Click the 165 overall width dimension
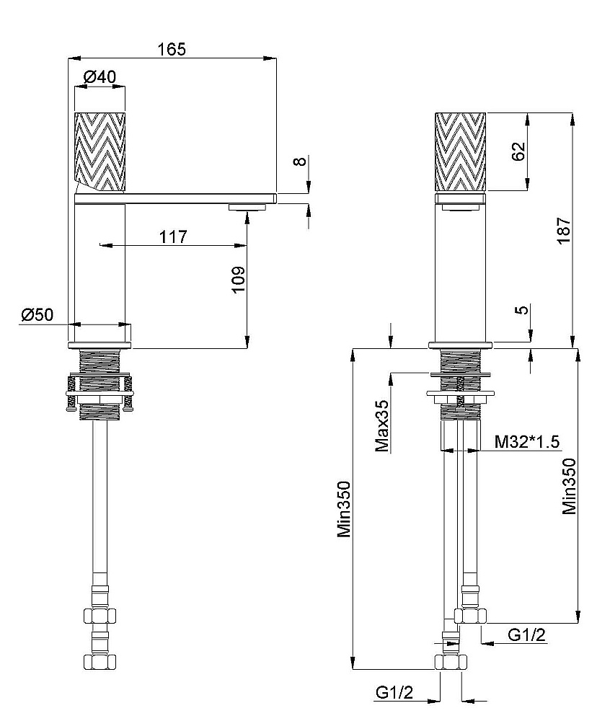pyautogui.click(x=172, y=49)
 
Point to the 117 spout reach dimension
pyautogui.click(x=174, y=236)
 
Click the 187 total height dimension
pyautogui.click(x=565, y=231)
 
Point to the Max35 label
pyautogui.click(x=383, y=426)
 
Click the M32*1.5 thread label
pyautogui.click(x=527, y=442)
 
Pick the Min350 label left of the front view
pyautogui.click(x=344, y=510)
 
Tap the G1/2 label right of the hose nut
pyautogui.click(x=526, y=634)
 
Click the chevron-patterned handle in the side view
pyautogui.click(x=100, y=151)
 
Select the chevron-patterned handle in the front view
pyautogui.click(x=461, y=151)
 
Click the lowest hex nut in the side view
pyautogui.click(x=100, y=660)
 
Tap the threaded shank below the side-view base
pyautogui.click(x=100, y=360)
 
